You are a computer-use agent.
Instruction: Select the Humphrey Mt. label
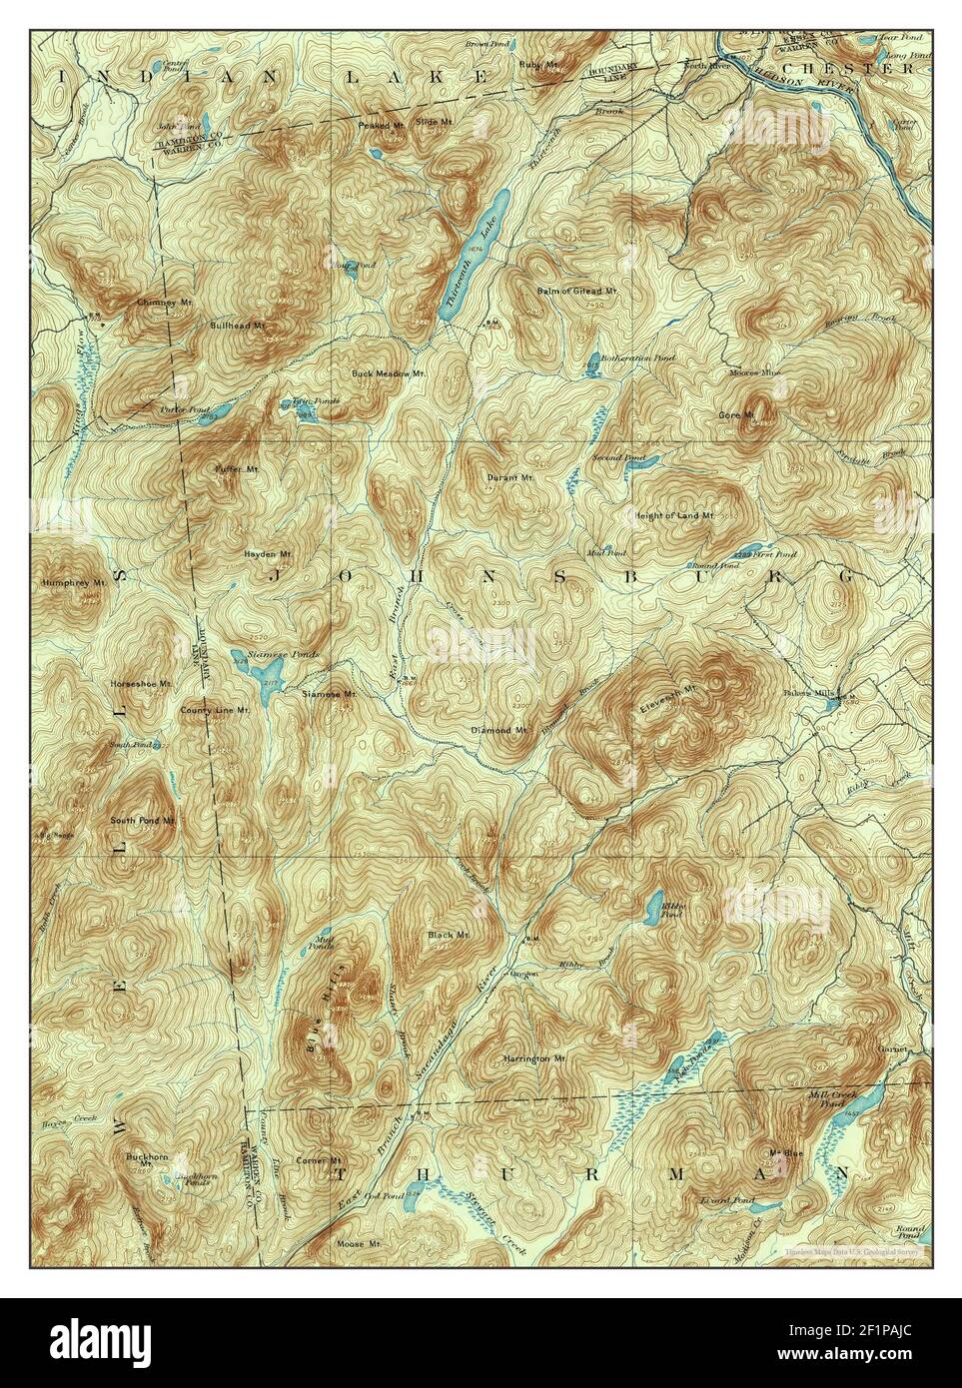click(x=74, y=581)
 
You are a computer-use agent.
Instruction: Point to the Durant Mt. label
click(x=510, y=477)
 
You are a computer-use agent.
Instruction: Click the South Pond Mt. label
click(x=143, y=820)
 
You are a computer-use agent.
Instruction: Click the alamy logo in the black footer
click(x=95, y=1342)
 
